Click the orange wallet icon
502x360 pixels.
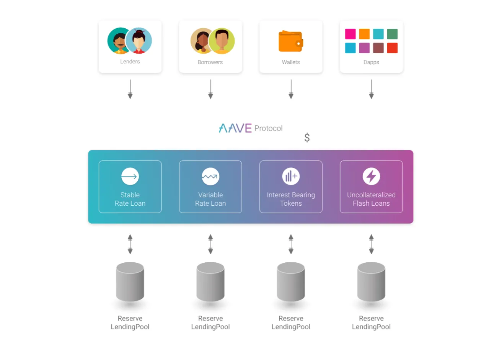[290, 41]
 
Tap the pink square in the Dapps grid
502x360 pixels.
[350, 34]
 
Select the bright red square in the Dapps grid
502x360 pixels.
[392, 48]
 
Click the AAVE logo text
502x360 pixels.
[235, 128]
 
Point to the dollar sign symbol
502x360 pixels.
[307, 137]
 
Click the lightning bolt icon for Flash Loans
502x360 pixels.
[371, 176]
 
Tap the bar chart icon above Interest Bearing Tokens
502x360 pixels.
[291, 176]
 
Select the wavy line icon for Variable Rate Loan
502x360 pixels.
[210, 177]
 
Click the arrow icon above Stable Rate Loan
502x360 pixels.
[130, 177]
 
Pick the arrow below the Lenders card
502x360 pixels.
[130, 89]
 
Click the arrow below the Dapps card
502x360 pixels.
[371, 89]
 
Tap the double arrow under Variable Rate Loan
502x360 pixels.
[210, 244]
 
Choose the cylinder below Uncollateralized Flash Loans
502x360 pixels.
[371, 282]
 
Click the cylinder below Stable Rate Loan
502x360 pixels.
[130, 282]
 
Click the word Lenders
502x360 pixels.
[130, 61]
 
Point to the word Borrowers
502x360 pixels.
[210, 62]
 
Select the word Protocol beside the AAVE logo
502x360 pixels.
[268, 128]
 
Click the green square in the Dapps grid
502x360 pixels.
[392, 34]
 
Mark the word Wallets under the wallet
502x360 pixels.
[291, 62]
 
